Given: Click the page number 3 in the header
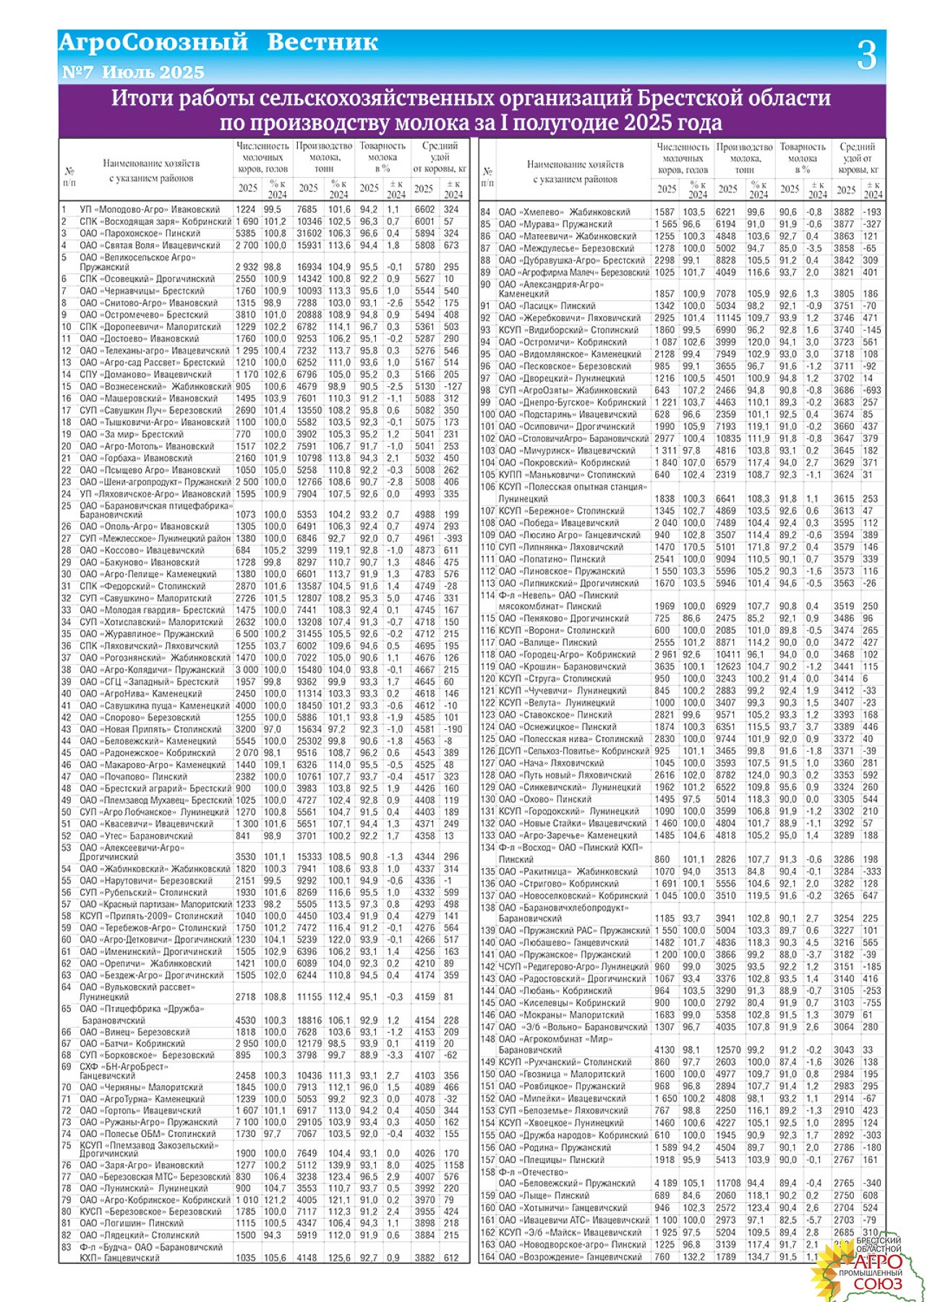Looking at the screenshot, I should (x=866, y=56).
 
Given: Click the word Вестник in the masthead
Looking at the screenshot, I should (x=322, y=43).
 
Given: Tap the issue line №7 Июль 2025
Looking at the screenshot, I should (x=133, y=72).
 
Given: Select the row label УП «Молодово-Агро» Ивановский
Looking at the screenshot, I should (x=150, y=210).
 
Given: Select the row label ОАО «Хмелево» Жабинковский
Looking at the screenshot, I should (x=565, y=212).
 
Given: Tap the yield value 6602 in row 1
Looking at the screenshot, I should (x=424, y=210).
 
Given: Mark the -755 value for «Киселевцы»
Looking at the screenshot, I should (x=872, y=1003).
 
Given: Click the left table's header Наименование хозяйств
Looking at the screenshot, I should (x=150, y=163).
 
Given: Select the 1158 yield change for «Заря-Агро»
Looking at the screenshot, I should (x=453, y=1165).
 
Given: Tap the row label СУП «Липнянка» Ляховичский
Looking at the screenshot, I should (x=560, y=547).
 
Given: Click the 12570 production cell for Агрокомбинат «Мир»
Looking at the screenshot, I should (x=728, y=1050).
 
